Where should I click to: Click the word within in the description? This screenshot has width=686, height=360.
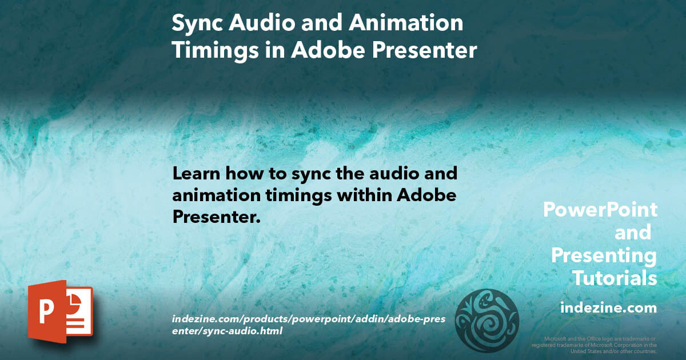(x=353, y=195)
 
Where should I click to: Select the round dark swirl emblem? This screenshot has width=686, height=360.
(x=486, y=320)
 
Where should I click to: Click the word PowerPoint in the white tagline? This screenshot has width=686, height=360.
(x=600, y=210)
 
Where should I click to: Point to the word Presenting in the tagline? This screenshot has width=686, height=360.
(x=604, y=255)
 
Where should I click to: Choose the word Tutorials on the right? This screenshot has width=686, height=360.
(x=615, y=278)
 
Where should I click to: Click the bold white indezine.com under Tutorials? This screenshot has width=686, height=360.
(x=608, y=308)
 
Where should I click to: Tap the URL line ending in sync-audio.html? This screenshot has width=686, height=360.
(x=227, y=330)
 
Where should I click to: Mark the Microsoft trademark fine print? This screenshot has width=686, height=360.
(x=594, y=345)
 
